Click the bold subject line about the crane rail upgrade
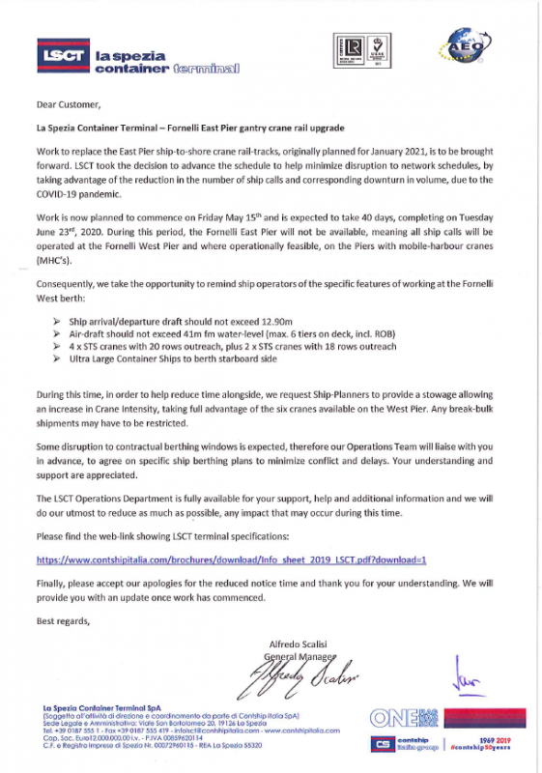pyautogui.click(x=189, y=128)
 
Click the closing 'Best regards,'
pyautogui.click(x=63, y=621)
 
